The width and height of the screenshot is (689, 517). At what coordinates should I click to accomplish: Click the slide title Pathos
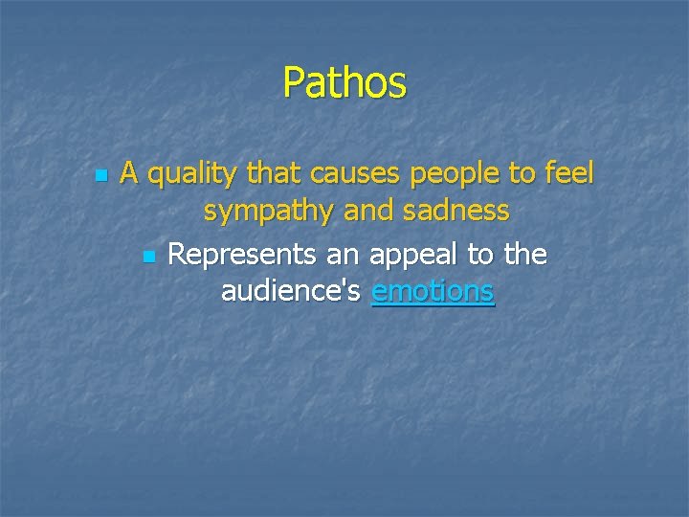[x=344, y=83]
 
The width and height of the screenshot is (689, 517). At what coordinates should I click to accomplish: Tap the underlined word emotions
[x=433, y=291]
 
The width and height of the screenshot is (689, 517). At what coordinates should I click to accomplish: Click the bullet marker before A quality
[x=99, y=177]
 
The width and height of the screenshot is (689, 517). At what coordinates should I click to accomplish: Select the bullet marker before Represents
[x=146, y=257]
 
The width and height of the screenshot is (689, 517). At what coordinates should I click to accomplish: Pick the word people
[x=448, y=175]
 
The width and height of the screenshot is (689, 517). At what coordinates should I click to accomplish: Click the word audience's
[x=292, y=291]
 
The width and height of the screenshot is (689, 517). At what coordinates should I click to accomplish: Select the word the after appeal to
[x=524, y=255]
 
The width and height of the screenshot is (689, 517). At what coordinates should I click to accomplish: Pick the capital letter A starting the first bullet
[x=130, y=173]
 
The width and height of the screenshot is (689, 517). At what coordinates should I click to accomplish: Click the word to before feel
[x=522, y=174]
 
